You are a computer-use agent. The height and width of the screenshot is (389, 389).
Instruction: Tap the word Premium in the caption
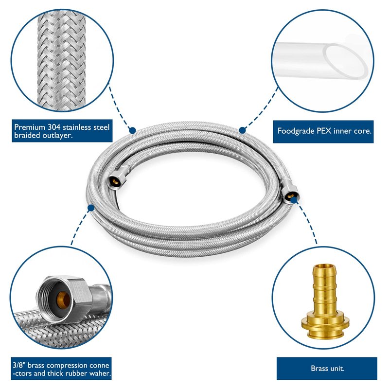[29, 127]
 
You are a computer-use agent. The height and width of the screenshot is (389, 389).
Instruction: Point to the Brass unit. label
[327, 368]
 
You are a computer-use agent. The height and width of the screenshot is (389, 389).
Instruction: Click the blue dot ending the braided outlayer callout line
[132, 130]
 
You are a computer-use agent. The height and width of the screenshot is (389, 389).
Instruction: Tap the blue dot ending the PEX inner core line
[242, 130]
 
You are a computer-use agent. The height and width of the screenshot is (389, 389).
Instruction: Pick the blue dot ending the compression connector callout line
[90, 208]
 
